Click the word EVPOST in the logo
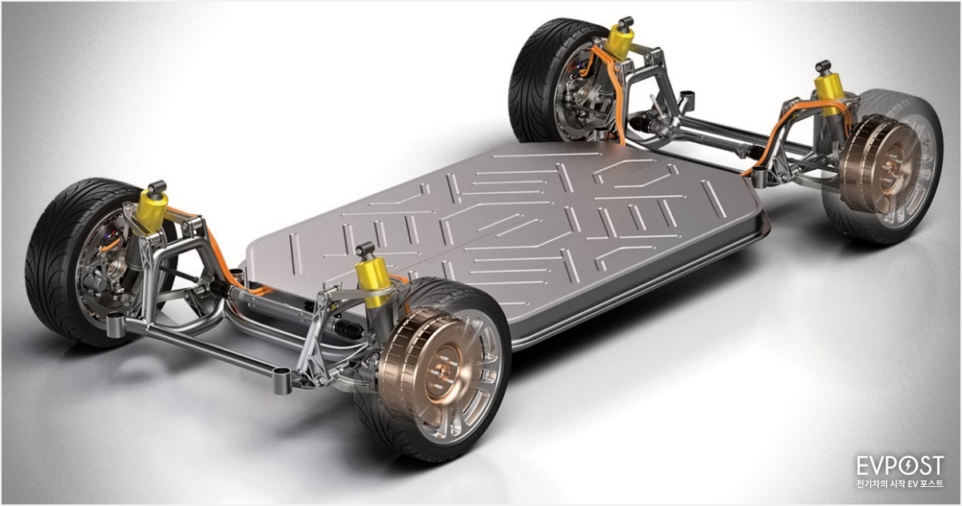point(900,466)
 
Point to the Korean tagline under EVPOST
point(900,484)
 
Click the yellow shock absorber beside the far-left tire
point(152,208)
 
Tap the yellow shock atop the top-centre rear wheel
point(621,41)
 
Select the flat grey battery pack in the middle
point(511,223)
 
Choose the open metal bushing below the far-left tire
point(116,322)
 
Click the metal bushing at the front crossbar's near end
point(280,381)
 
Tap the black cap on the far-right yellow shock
point(822,66)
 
